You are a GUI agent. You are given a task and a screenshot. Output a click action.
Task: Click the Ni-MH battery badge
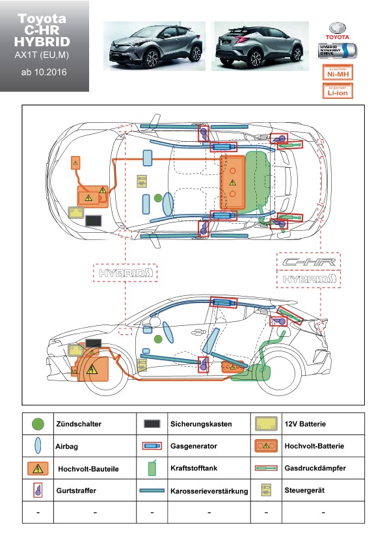338,73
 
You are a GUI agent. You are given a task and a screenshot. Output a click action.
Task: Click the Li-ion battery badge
338,91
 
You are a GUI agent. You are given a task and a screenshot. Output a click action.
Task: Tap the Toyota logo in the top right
338,31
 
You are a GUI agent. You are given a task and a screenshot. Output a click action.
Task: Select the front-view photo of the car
154,46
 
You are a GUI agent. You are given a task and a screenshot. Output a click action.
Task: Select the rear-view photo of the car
260,46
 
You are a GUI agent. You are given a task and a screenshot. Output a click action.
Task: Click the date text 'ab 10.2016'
44,72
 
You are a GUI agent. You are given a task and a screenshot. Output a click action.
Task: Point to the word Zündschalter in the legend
79,424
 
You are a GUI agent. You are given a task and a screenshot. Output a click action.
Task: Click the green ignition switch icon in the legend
38,424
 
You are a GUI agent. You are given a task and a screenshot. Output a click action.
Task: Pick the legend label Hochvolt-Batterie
314,446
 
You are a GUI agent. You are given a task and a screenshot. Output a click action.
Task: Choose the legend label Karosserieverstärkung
209,491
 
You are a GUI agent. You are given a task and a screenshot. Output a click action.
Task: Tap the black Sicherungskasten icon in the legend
152,424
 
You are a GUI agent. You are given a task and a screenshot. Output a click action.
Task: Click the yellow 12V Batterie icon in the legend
266,423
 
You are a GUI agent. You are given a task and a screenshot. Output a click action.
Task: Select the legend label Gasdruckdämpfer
315,468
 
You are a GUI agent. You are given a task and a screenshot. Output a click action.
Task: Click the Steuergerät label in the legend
304,490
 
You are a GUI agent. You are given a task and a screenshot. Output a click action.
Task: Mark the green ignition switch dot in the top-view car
158,198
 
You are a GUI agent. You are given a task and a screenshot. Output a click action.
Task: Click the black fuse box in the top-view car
93,220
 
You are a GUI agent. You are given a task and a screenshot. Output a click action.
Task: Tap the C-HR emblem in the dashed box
308,262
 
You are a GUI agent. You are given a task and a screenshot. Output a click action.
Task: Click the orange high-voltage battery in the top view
232,183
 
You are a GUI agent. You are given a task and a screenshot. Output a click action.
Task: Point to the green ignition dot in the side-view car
158,339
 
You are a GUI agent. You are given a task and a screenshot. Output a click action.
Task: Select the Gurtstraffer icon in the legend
38,490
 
